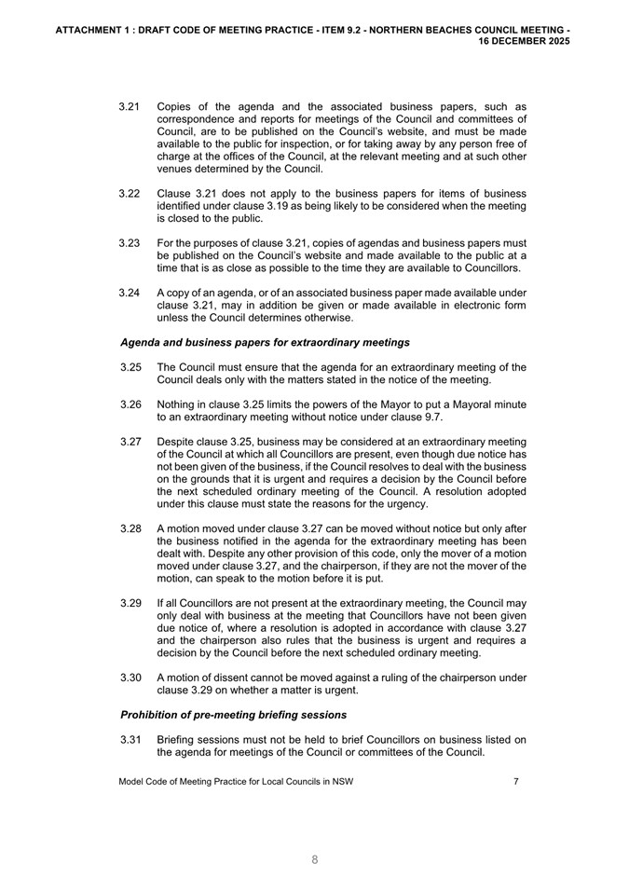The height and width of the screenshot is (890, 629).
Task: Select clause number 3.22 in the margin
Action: tap(130, 193)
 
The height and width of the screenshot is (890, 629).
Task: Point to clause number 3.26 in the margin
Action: tap(130, 404)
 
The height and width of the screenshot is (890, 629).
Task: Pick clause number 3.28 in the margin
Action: tap(130, 528)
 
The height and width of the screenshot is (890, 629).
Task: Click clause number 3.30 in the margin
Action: tap(130, 678)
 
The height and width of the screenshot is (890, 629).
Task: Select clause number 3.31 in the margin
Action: tap(130, 740)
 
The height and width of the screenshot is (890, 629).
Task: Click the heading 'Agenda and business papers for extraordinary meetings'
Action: tap(252, 343)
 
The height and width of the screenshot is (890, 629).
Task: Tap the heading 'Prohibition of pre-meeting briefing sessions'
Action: tap(234, 715)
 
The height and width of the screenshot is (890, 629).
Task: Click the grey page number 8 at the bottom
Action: tap(315, 860)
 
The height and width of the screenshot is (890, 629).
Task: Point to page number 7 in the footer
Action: tap(516, 782)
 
